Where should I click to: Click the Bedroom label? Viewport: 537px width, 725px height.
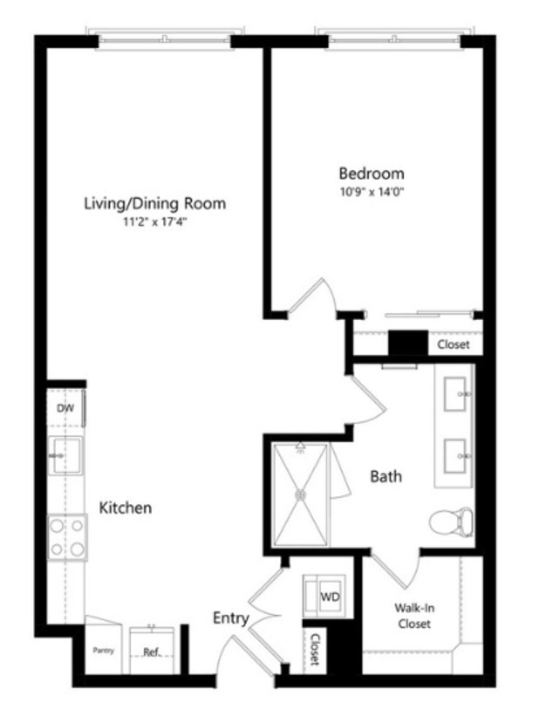(371, 174)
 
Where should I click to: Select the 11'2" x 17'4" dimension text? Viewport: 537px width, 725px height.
(155, 222)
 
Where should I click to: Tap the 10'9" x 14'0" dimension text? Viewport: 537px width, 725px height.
(372, 192)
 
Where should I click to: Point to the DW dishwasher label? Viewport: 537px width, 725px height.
(65, 409)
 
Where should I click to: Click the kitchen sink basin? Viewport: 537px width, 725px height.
(67, 456)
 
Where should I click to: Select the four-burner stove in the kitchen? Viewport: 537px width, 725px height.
(67, 538)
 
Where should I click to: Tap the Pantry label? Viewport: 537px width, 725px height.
(104, 651)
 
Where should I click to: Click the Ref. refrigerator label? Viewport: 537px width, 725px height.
(151, 653)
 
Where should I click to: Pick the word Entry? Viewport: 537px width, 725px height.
(231, 618)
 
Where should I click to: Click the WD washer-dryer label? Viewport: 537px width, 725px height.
(330, 596)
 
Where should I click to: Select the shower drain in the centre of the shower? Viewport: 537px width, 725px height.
(300, 495)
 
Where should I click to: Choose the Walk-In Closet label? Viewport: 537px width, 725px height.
(414, 615)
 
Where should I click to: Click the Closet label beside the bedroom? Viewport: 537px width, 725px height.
(454, 345)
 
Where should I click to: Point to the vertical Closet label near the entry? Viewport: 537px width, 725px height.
(315, 649)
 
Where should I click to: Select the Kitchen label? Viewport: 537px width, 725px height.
(126, 508)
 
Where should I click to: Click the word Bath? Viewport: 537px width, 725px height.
(386, 476)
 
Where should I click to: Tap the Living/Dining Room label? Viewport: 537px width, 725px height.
(155, 204)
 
